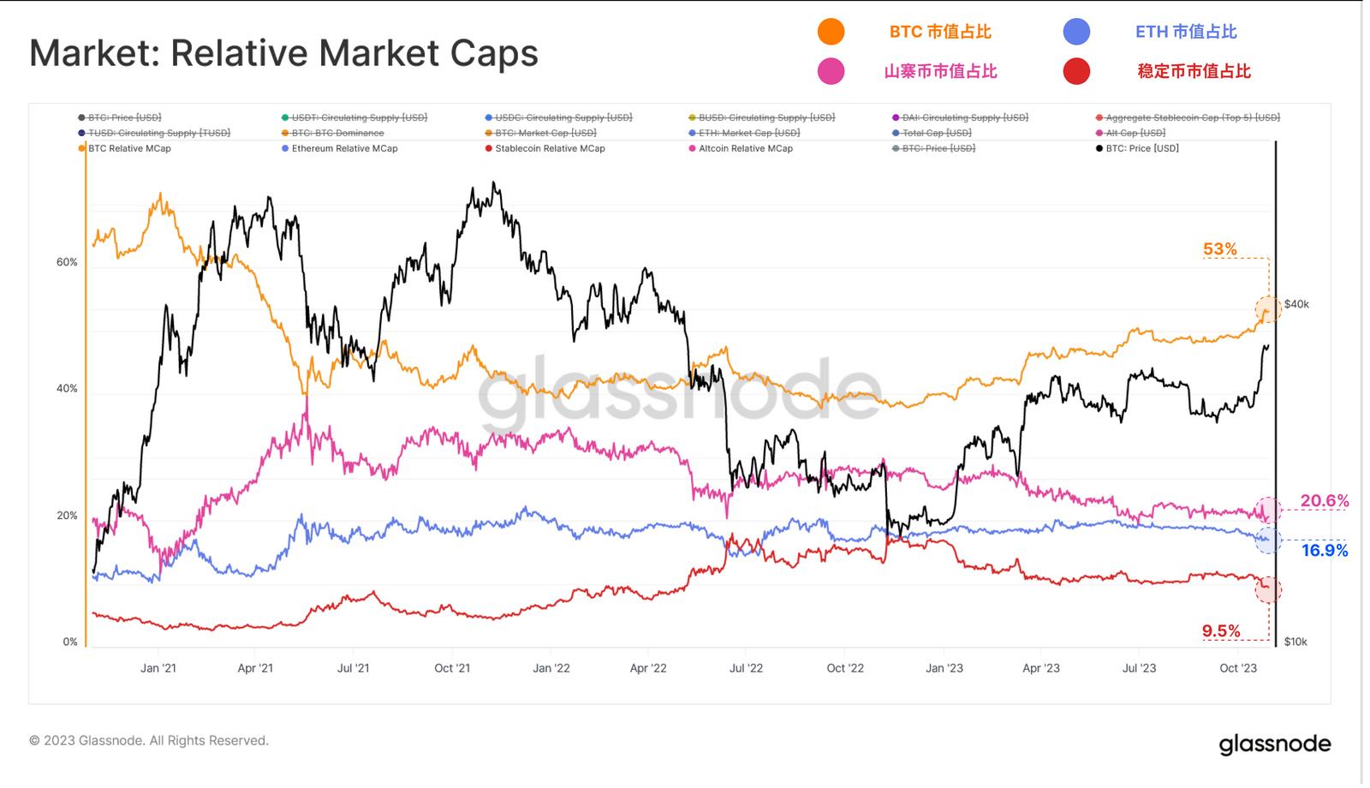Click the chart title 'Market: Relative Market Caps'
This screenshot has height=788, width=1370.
[283, 53]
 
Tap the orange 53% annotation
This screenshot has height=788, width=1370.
[1219, 249]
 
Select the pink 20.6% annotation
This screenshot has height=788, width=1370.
[1324, 501]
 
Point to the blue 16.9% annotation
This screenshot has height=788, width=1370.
[1324, 551]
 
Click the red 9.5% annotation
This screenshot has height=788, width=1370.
[1220, 631]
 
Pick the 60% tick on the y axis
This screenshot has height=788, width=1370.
[67, 262]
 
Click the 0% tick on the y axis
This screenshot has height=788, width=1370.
[70, 642]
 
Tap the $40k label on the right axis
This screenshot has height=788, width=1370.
[1296, 304]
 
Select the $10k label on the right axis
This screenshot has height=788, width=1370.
[1295, 642]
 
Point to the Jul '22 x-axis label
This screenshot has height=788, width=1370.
[746, 668]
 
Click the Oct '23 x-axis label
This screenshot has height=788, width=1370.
[1237, 668]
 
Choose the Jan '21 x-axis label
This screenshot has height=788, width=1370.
[158, 668]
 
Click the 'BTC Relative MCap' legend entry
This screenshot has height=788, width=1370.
[129, 148]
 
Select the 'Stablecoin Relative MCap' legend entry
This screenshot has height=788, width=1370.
[550, 148]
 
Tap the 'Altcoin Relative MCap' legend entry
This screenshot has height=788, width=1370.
[745, 148]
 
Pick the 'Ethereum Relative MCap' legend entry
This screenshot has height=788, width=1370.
[344, 148]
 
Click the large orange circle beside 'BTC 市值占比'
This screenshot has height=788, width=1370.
[831, 32]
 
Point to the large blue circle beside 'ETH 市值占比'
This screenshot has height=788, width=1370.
[1076, 32]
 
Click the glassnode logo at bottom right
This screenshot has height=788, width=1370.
[1275, 743]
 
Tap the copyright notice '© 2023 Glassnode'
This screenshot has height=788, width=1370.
[149, 740]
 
